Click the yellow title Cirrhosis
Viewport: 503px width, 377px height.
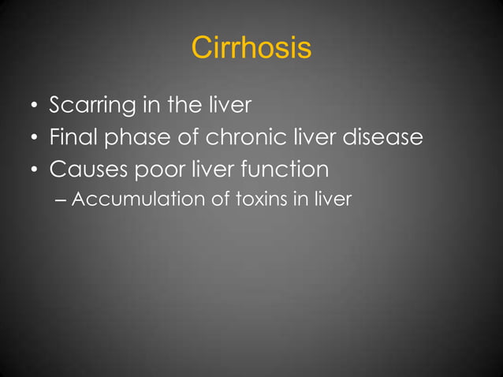point(251,48)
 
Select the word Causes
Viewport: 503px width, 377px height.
point(84,170)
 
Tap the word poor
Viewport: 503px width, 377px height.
point(155,170)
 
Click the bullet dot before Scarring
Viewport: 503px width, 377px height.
point(34,106)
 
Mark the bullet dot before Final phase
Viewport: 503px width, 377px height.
point(34,139)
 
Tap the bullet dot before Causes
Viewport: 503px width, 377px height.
point(34,170)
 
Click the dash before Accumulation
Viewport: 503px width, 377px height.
point(63,200)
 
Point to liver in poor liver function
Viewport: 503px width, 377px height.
point(214,169)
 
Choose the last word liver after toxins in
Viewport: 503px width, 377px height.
point(334,199)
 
